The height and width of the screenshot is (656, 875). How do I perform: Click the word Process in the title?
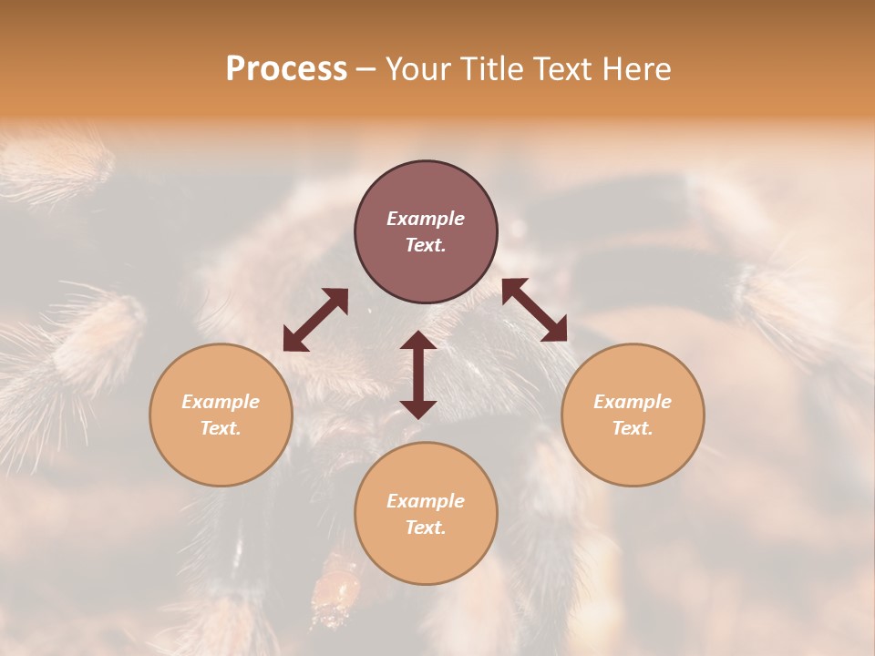click(286, 69)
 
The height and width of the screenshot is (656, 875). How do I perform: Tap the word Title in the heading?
click(487, 69)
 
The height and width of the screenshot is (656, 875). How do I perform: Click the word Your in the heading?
click(420, 69)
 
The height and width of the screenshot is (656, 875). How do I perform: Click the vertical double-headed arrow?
click(418, 374)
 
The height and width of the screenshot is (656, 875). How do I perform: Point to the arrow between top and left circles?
click(315, 320)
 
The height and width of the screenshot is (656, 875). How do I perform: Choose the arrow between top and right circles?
click(534, 310)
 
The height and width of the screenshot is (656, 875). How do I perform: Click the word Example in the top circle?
click(426, 219)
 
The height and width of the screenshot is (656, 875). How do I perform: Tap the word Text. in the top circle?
click(426, 245)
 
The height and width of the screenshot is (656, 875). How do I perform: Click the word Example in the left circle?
click(221, 402)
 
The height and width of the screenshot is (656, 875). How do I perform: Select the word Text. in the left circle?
click(221, 428)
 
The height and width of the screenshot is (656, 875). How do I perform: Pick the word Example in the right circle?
click(633, 402)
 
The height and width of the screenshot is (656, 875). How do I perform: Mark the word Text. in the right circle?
click(633, 428)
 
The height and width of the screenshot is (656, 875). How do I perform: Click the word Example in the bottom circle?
click(426, 501)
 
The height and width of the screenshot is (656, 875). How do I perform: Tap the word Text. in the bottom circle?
click(426, 528)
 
